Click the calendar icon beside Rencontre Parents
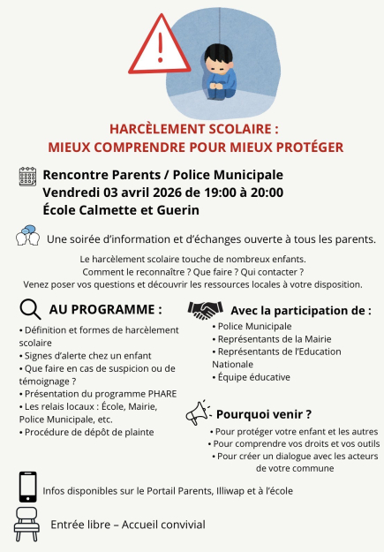(x=27, y=176)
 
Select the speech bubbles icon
(x=27, y=237)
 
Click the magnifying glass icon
(x=29, y=310)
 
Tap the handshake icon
(x=205, y=311)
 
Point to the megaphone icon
(x=198, y=412)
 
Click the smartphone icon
(x=27, y=487)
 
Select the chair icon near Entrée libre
(x=27, y=524)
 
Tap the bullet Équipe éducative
(x=254, y=377)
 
